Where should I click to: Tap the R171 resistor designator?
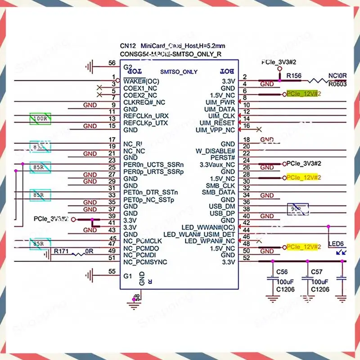click(62, 251)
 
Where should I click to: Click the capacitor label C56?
click(282, 272)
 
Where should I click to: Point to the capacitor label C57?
click(317, 272)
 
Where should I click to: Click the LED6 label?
click(336, 243)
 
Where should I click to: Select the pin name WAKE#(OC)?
click(140, 81)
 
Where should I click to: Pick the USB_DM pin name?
click(224, 206)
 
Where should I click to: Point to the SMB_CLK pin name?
click(220, 185)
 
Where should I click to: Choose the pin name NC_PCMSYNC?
click(145, 262)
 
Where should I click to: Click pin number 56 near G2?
click(112, 63)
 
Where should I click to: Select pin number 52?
click(246, 258)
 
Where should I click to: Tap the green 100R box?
click(40, 119)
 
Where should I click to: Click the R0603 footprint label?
click(337, 84)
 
